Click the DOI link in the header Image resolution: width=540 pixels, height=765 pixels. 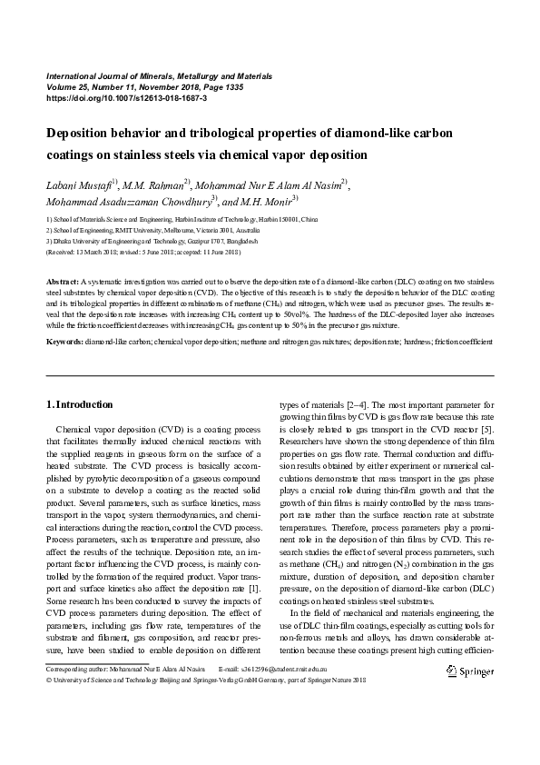tap(126, 97)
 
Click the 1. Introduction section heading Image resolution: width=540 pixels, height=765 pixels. tap(79, 404)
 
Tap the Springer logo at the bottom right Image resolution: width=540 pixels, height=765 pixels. tap(470, 671)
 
